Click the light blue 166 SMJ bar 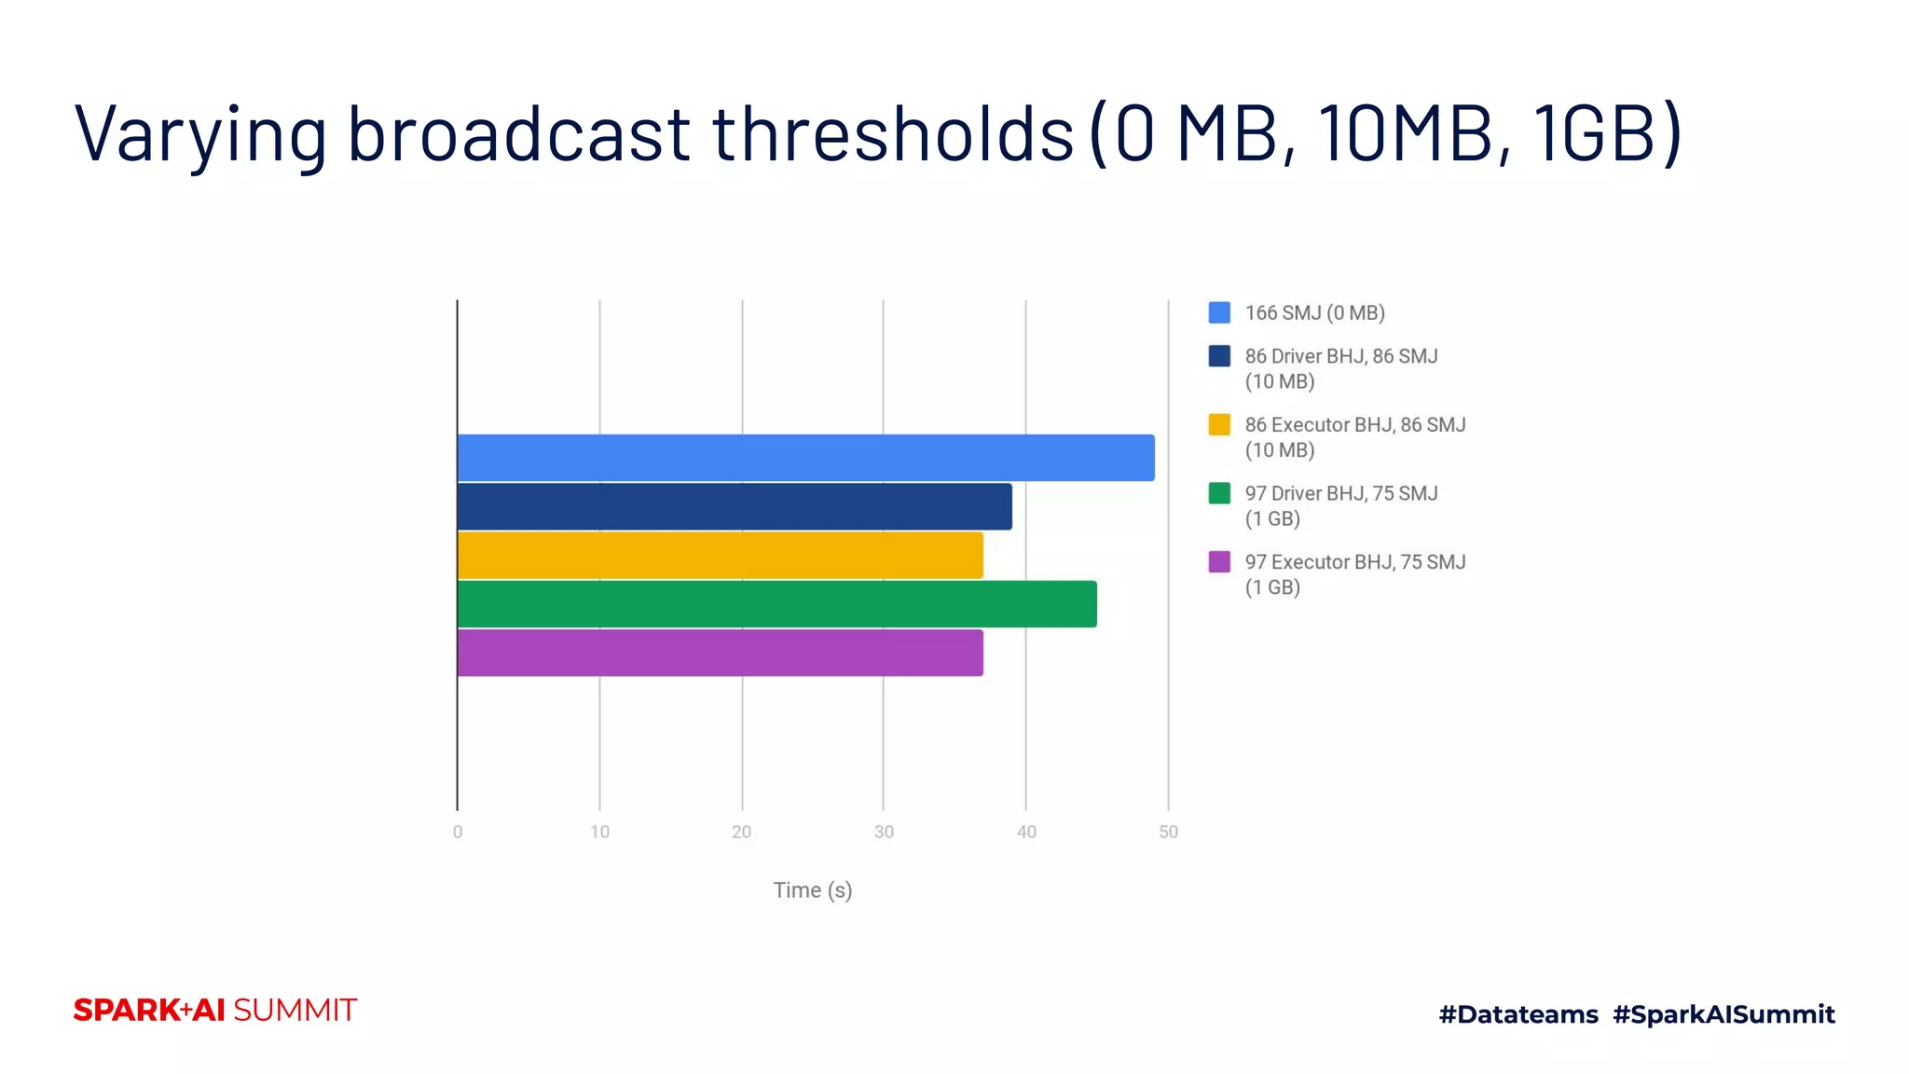click(805, 458)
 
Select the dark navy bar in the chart click(735, 506)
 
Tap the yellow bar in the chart click(720, 556)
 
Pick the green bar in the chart click(776, 604)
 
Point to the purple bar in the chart click(720, 653)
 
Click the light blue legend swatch click(1219, 312)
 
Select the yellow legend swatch click(1219, 425)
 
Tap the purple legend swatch click(1219, 562)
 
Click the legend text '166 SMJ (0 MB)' click(1314, 313)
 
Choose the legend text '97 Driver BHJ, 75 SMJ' click(1341, 493)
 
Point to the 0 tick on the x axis click(458, 832)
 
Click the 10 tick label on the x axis click(600, 832)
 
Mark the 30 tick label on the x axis click(884, 832)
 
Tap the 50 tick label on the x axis click(1168, 832)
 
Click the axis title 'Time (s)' click(813, 890)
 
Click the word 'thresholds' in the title click(893, 133)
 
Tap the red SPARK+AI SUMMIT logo click(215, 1011)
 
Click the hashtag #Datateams click(1518, 1014)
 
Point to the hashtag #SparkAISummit click(1724, 1014)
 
